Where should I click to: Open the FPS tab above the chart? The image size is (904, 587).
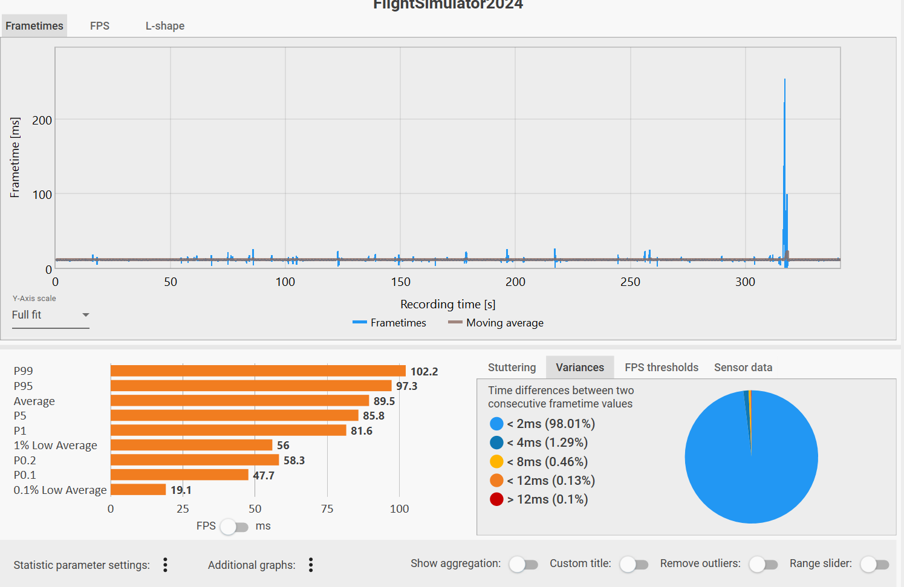click(x=100, y=26)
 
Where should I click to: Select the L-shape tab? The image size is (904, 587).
click(x=164, y=26)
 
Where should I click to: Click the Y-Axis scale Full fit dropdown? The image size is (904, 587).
click(x=51, y=315)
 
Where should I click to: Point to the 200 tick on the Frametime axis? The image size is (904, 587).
click(x=42, y=120)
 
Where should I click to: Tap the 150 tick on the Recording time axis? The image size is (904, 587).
click(x=400, y=282)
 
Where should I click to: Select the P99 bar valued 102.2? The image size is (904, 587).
click(x=258, y=371)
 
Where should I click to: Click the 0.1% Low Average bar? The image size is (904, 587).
click(x=138, y=490)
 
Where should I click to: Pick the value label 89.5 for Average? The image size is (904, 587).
click(x=384, y=401)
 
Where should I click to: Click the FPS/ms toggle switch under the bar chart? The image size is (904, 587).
click(x=234, y=527)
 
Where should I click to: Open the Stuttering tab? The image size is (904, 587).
click(x=512, y=368)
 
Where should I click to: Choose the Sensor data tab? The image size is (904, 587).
click(x=743, y=368)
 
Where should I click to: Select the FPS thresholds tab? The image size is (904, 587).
click(x=661, y=368)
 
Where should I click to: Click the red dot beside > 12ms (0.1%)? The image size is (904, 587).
click(x=496, y=499)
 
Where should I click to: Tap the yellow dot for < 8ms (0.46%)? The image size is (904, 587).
click(x=496, y=462)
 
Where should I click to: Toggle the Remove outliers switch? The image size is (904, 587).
click(x=763, y=565)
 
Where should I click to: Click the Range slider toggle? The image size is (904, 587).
click(x=874, y=565)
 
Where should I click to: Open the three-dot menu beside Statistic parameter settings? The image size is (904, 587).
click(x=165, y=565)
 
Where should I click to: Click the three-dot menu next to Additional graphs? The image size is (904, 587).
click(x=311, y=565)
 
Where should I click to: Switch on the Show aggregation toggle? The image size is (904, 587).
click(x=523, y=565)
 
